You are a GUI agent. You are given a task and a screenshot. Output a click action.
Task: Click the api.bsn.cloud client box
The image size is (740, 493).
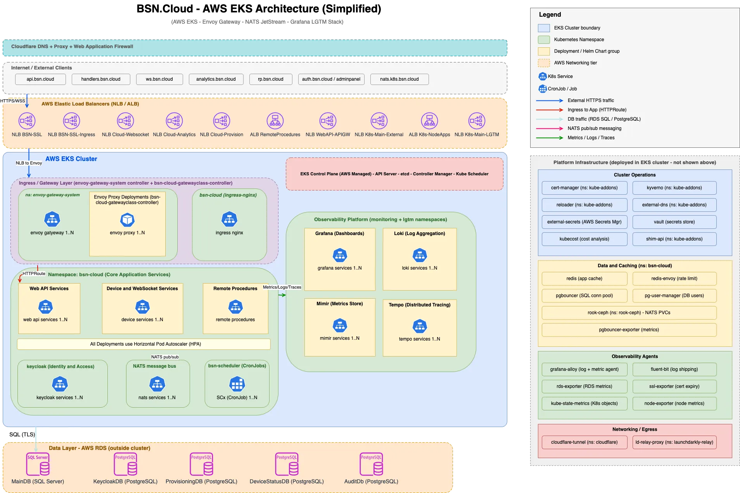40,79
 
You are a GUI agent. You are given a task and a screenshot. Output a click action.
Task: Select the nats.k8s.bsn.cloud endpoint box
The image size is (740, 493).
399,79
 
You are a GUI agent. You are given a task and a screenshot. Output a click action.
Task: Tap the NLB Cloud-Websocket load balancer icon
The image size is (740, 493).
125,121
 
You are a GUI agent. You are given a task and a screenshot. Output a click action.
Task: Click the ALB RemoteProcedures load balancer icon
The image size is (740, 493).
275,121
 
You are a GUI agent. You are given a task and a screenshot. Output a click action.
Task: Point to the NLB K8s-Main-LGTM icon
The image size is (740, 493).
477,121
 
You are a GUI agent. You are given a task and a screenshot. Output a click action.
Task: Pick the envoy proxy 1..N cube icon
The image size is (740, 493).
127,220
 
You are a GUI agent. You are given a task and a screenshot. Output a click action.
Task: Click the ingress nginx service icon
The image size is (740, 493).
229,219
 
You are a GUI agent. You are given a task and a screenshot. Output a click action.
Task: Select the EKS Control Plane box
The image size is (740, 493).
394,174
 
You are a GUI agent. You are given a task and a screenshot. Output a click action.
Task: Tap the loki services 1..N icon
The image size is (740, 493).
420,255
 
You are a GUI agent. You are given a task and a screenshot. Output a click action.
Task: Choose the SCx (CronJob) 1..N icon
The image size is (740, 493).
237,384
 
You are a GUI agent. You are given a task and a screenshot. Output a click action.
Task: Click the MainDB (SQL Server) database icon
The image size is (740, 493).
38,464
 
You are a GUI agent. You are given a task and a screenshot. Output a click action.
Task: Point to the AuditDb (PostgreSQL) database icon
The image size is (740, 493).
371,464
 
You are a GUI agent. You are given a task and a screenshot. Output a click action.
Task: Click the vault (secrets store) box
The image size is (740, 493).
674,222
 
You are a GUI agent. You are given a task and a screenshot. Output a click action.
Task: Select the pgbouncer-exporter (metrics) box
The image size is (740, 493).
629,330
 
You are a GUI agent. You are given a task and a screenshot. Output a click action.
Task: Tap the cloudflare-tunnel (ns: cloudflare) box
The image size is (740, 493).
584,442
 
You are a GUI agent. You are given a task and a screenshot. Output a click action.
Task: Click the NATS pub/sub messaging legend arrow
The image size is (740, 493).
550,128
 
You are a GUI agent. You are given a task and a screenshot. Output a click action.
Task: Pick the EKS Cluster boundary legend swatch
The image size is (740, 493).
544,28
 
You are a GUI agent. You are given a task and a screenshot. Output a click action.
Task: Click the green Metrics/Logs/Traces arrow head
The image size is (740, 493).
284,295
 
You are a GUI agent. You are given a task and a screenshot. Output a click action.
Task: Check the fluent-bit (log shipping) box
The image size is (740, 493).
674,369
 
